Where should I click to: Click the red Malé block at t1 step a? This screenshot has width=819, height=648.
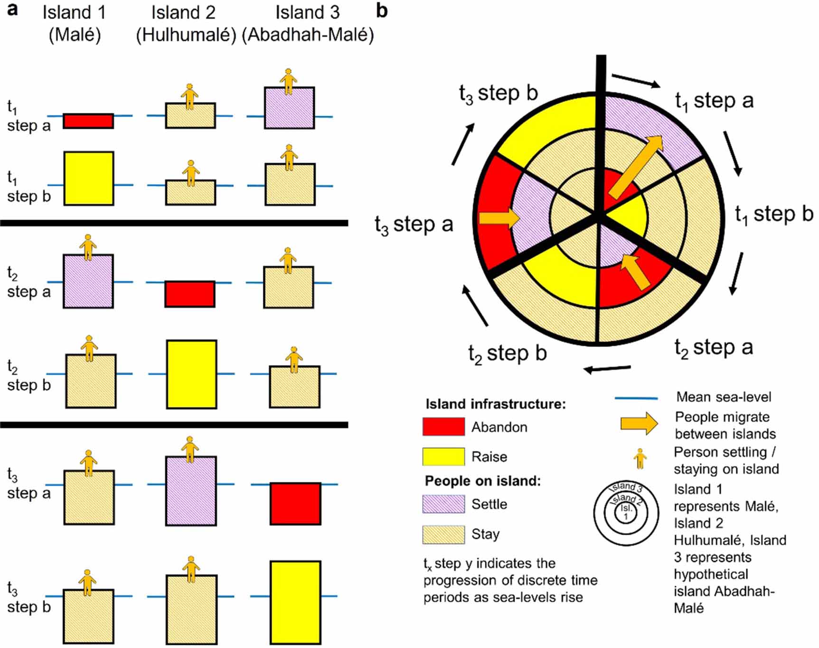[x=88, y=121]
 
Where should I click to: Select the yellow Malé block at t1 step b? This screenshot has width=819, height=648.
[x=89, y=178]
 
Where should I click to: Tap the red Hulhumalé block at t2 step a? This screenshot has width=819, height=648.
[x=190, y=294]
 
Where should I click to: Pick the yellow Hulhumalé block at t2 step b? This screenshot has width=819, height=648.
[x=192, y=374]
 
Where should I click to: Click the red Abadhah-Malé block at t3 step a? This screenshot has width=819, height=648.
[x=295, y=504]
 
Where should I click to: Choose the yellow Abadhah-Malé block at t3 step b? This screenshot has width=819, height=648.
[x=296, y=602]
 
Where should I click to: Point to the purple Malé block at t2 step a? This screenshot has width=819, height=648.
[x=88, y=281]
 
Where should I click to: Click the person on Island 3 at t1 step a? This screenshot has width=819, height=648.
[x=288, y=82]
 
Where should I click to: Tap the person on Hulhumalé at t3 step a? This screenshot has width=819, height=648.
[x=190, y=449]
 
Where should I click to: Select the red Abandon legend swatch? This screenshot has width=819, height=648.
[x=443, y=426]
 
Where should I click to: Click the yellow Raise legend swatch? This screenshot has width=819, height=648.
[x=443, y=456]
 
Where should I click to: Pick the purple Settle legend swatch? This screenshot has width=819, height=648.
[x=443, y=504]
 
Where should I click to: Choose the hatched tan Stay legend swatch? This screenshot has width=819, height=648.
[x=443, y=534]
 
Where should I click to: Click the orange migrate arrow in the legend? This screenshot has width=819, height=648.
[x=639, y=423]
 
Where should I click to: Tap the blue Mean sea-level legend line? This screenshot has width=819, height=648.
[x=636, y=398]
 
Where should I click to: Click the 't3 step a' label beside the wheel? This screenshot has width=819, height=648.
[x=414, y=225]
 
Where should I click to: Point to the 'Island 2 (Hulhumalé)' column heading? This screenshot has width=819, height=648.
[x=186, y=24]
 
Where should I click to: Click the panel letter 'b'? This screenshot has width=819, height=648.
[x=382, y=10]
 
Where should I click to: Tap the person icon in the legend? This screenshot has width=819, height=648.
[x=640, y=459]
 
